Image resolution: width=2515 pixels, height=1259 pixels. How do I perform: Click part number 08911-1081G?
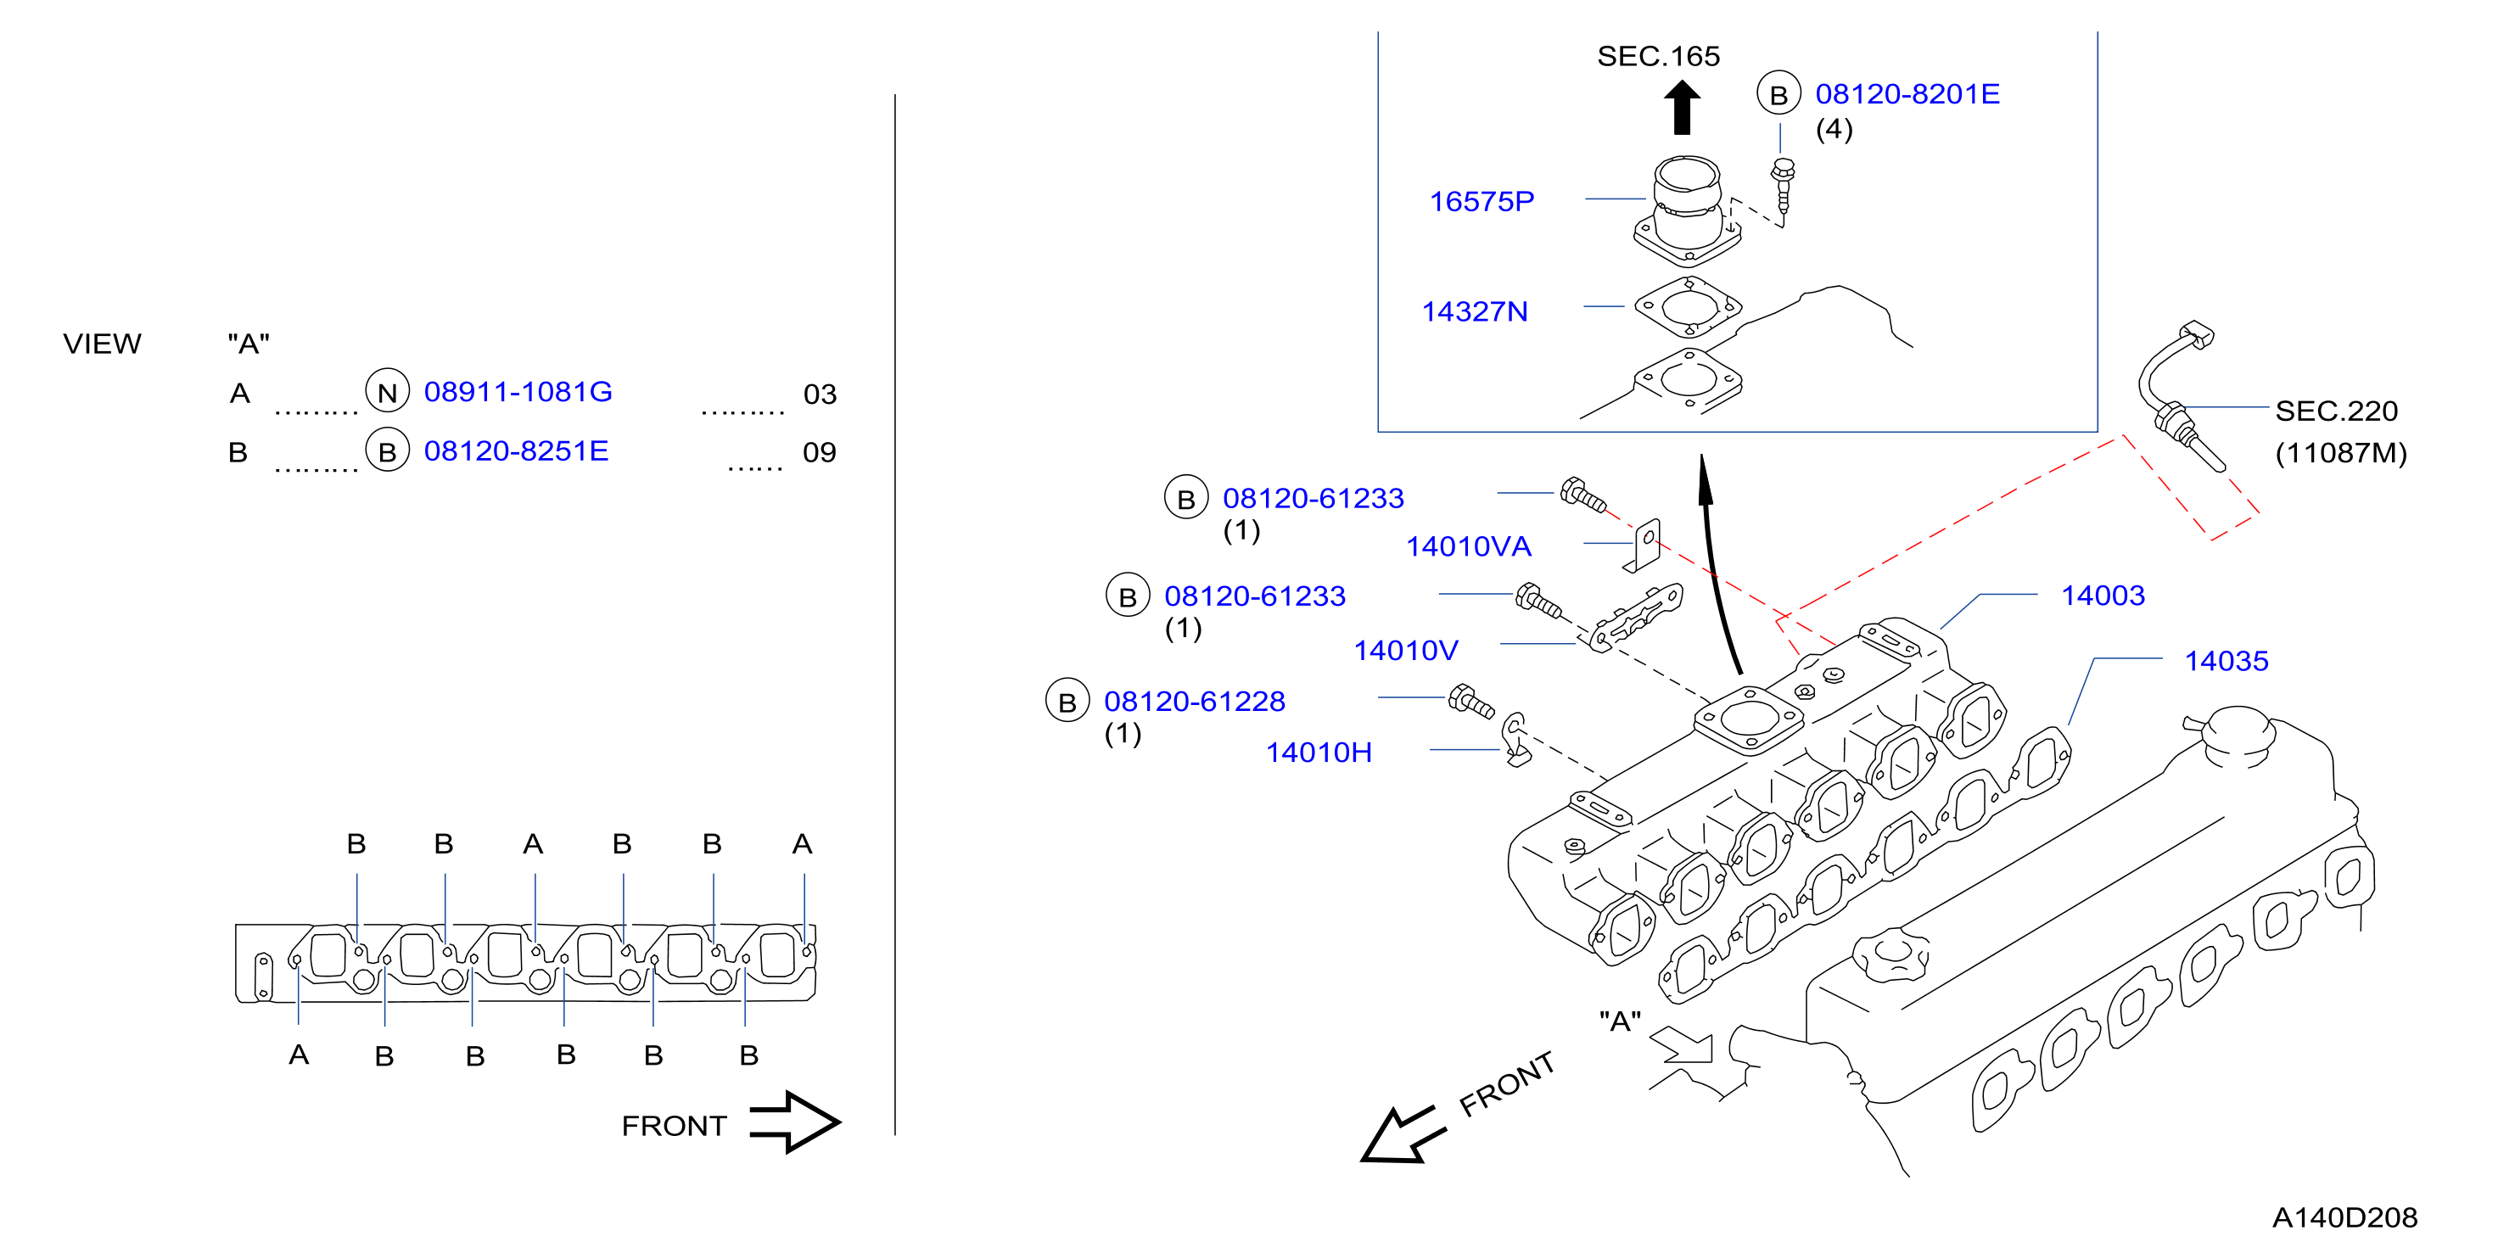pos(518,391)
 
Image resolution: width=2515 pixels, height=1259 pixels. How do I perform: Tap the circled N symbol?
pos(388,391)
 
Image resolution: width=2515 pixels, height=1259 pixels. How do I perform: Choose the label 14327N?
pos(1474,311)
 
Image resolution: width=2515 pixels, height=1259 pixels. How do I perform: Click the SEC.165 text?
pos(1658,56)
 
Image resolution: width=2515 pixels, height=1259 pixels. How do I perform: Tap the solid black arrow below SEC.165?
pos(1681,106)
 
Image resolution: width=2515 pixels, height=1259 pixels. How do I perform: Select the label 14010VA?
pos(1469,546)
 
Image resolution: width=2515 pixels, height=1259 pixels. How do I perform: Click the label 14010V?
pos(1405,650)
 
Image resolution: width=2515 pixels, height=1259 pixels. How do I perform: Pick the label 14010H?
pos(1318,753)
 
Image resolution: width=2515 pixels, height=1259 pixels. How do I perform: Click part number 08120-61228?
pos(1194,701)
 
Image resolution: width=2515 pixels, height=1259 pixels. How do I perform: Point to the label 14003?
pos(2102,596)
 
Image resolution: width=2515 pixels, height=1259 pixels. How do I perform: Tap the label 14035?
pos(2225,661)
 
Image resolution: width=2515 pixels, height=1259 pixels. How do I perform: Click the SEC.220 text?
pos(2335,411)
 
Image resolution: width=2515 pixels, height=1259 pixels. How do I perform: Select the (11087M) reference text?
pos(2340,453)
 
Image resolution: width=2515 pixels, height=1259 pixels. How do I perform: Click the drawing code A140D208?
pos(2344,1217)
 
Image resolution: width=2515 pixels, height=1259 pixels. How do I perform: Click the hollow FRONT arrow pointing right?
pos(793,1122)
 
